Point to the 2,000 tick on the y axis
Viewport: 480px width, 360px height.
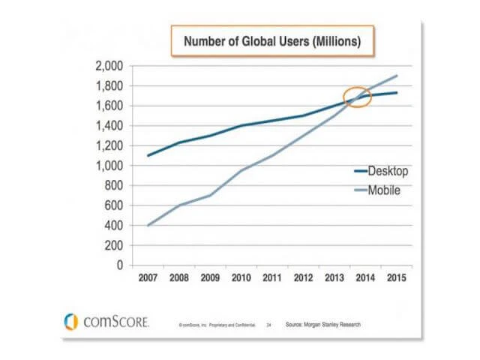(110, 66)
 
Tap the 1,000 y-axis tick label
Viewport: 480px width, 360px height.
(110, 165)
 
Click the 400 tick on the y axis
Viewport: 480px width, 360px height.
(116, 225)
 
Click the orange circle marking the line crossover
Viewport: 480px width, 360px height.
(358, 97)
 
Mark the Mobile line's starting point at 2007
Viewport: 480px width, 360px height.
(148, 225)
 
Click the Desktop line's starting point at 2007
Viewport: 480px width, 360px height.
(148, 155)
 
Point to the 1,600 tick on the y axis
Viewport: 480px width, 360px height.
(110, 106)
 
